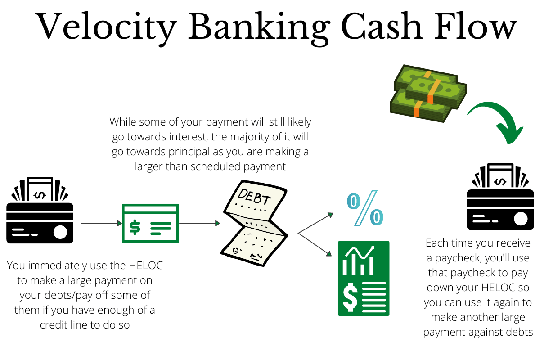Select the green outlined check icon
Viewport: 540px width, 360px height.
tap(150, 223)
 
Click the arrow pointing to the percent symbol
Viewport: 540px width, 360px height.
tap(315, 223)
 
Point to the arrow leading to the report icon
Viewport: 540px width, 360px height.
tap(315, 245)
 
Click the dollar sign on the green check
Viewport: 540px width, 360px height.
tap(135, 227)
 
